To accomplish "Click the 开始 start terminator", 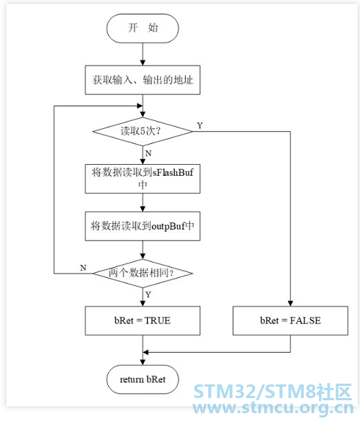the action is point(143,28).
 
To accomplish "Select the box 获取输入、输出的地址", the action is point(143,80).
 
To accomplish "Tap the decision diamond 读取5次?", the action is point(143,132).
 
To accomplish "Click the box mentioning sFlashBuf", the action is point(143,179).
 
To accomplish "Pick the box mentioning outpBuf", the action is point(143,226).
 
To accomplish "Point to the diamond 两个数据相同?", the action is point(143,274).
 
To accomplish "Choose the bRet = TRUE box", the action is point(143,321).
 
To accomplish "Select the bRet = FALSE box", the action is point(290,321).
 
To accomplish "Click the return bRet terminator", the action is point(143,379).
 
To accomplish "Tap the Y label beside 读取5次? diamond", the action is point(199,125).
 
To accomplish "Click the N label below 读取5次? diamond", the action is point(148,153).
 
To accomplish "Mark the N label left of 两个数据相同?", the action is point(84,268).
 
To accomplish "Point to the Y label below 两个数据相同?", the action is point(148,294).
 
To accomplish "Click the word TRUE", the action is point(158,321).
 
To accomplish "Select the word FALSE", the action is point(305,321).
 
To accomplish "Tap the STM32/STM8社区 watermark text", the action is point(273,392).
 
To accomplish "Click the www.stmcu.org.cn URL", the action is point(273,407).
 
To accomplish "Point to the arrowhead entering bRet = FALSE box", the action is point(290,304).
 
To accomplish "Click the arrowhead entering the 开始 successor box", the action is point(143,63).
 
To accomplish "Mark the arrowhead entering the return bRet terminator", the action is point(143,362).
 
